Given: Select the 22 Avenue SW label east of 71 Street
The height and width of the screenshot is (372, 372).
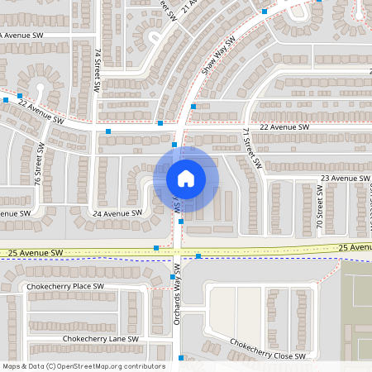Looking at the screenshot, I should pos(284,127).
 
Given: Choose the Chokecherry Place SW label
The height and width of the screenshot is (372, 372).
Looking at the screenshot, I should pos(64,286).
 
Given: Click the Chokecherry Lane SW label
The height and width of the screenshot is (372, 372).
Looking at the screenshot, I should pos(97,339).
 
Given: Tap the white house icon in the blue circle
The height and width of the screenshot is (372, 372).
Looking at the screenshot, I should pos(186,179).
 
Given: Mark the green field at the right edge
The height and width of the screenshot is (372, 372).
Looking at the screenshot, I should pos(357,306).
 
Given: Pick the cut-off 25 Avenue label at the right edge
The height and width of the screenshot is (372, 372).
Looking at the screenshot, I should pos(355,247).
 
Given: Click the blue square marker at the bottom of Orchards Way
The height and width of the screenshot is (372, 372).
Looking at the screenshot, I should pos(182,358).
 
